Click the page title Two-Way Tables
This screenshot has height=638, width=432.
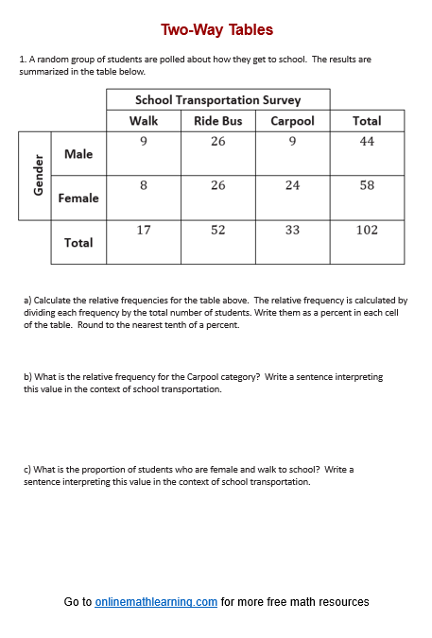pyautogui.click(x=216, y=30)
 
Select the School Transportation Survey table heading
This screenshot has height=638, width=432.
pyautogui.click(x=217, y=99)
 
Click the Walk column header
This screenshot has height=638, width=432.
pyautogui.click(x=144, y=121)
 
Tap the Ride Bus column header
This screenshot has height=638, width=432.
pyautogui.click(x=218, y=121)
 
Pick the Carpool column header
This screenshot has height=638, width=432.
pyautogui.click(x=292, y=121)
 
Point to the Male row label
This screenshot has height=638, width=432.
pyautogui.click(x=78, y=154)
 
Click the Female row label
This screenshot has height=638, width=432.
pyautogui.click(x=78, y=198)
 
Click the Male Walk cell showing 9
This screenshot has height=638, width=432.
pyautogui.click(x=144, y=142)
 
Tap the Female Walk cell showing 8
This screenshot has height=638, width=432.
pyautogui.click(x=144, y=185)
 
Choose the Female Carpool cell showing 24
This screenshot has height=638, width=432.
pyautogui.click(x=292, y=185)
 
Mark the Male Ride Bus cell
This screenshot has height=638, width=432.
pyautogui.click(x=218, y=142)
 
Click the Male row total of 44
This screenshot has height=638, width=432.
pyautogui.click(x=367, y=142)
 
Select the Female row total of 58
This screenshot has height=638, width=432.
pyautogui.click(x=367, y=185)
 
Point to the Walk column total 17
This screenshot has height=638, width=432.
pyautogui.click(x=144, y=230)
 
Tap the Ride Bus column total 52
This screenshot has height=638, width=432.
pyautogui.click(x=218, y=230)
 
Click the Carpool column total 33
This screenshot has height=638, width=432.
pyautogui.click(x=292, y=230)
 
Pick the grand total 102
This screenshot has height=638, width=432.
pyautogui.click(x=367, y=230)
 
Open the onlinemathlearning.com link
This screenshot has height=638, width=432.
pyautogui.click(x=156, y=602)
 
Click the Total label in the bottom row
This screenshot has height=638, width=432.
pyautogui.click(x=78, y=243)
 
